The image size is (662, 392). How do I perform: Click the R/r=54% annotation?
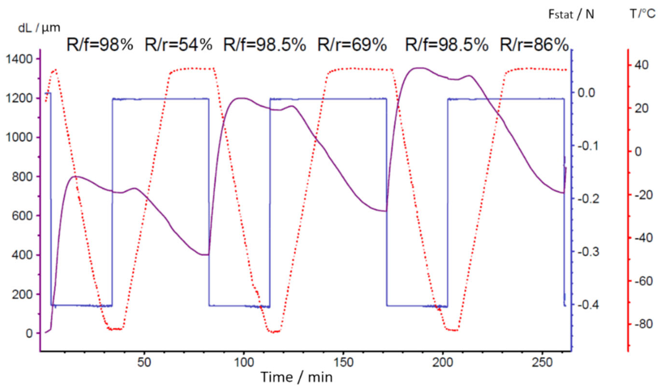pos(178,45)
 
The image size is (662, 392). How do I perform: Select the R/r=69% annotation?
pos(352,45)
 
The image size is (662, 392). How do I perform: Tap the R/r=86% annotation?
pos(534,45)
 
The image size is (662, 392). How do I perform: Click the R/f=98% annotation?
pos(100,45)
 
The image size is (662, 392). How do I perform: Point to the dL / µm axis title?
pos(39,28)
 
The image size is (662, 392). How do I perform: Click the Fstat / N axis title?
pos(571,15)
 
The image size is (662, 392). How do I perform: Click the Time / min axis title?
pos(296,377)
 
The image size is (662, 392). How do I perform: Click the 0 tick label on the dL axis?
pos(29,333)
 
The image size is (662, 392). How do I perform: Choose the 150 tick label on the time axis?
pos(343,362)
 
